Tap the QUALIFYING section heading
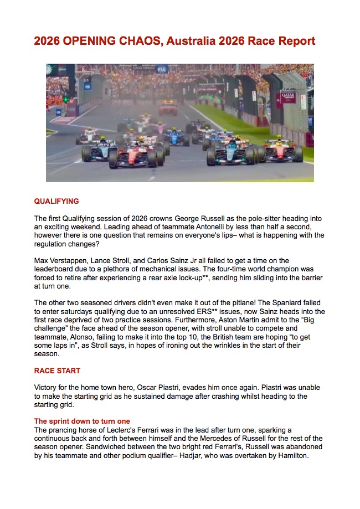coord(56,202)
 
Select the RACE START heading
coord(57,371)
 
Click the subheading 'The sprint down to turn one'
coord(82,421)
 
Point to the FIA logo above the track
coord(162,70)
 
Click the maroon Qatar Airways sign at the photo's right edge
coord(289,98)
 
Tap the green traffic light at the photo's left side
coord(66,100)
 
